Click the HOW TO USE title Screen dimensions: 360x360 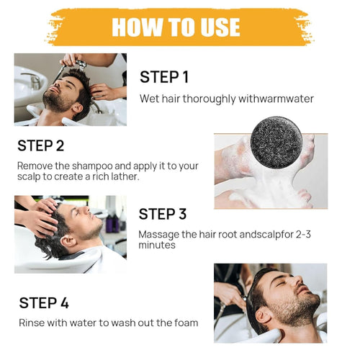[176, 27]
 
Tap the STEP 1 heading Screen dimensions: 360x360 [164, 77]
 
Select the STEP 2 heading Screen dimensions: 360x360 [41, 145]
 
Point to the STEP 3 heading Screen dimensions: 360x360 [163, 214]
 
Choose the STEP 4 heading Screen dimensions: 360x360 [44, 302]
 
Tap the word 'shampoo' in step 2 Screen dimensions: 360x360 [92, 166]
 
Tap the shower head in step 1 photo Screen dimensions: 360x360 [81, 66]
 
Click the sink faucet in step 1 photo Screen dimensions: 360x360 [32, 79]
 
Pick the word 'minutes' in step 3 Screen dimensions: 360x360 [157, 245]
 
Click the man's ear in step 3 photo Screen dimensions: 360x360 [68, 241]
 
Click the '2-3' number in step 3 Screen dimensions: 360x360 [303, 234]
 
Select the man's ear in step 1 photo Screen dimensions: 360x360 [78, 108]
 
